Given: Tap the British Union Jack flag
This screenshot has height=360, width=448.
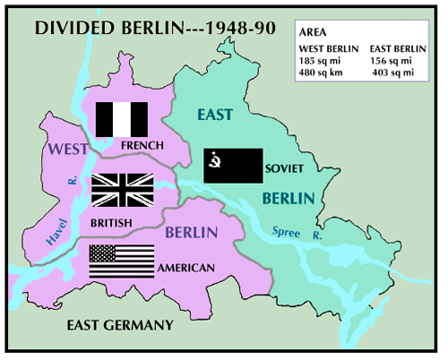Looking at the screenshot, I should [122, 190].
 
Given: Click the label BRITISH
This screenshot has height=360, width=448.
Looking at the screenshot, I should [112, 222].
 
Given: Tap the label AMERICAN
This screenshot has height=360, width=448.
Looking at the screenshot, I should [185, 268].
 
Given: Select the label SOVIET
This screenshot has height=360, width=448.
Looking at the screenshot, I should [286, 168].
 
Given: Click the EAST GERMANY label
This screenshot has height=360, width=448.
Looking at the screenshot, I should [121, 324].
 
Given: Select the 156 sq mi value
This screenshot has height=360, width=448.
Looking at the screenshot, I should [392, 59].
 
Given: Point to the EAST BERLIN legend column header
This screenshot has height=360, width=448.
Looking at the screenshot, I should [395, 47].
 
